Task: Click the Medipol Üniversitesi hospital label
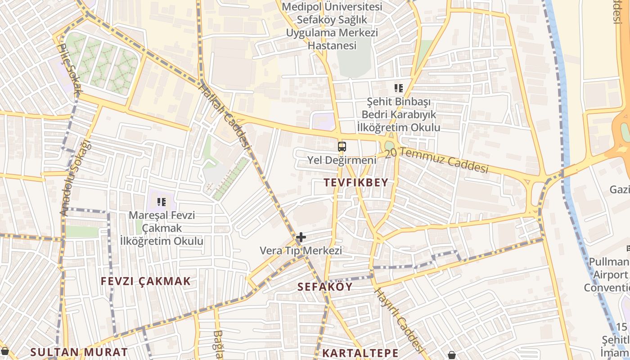(x=332, y=26)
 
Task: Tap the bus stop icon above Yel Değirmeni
(x=342, y=146)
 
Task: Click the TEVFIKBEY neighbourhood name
(x=355, y=183)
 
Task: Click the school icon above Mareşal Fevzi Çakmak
(x=162, y=202)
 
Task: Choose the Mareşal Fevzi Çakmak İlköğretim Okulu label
(x=162, y=228)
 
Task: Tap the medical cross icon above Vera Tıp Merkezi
(x=301, y=237)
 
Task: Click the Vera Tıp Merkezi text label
(x=301, y=251)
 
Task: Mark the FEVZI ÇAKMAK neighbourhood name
(x=146, y=282)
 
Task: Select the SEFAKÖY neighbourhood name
(x=325, y=287)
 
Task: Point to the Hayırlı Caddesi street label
(x=400, y=320)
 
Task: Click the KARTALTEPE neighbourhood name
(x=360, y=353)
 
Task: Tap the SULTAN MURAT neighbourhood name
(x=79, y=352)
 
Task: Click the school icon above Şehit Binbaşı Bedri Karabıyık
(x=398, y=88)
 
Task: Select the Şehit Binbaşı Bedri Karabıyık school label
(x=398, y=115)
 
